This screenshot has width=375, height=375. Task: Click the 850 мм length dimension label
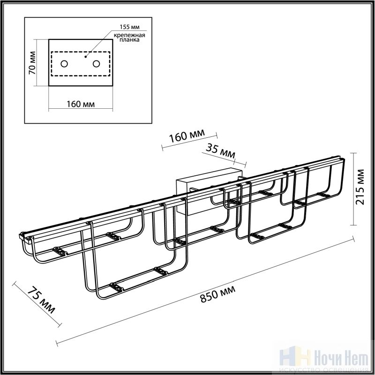pos(217,294)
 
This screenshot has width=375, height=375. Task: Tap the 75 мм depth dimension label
pos(41,300)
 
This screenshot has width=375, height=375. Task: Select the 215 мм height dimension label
pos(360,187)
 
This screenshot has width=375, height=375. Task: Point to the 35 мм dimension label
pos(220,151)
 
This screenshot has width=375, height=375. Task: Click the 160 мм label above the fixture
pos(187,136)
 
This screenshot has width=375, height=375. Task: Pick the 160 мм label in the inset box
pos(81,104)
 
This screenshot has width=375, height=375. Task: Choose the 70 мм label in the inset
pos(32,63)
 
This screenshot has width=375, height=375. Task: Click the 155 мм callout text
pos(130,27)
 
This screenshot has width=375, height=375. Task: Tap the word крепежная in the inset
pos(129,36)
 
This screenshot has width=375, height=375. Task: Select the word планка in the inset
pos(129,40)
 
